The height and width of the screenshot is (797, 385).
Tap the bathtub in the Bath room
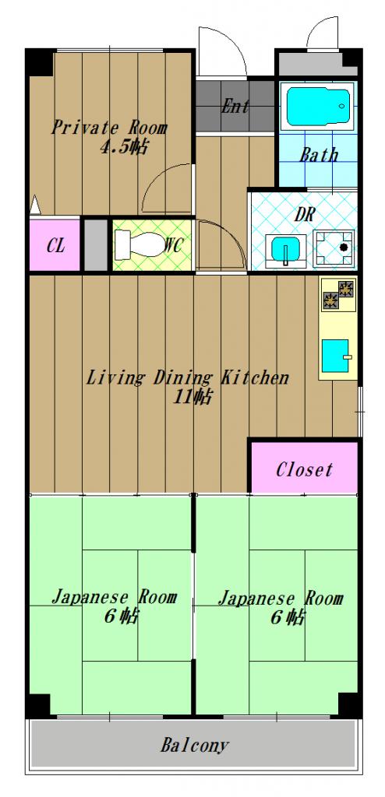click(x=319, y=107)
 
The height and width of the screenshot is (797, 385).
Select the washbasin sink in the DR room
click(x=286, y=250)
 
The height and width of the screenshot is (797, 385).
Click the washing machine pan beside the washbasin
click(x=334, y=248)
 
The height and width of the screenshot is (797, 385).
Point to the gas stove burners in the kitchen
click(x=338, y=295)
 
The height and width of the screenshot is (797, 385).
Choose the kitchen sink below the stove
click(x=336, y=356)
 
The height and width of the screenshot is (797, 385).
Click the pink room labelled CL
click(x=55, y=245)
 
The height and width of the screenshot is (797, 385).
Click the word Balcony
click(x=195, y=746)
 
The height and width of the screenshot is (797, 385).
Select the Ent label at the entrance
click(x=235, y=106)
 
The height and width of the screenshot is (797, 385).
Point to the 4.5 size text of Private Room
click(x=124, y=147)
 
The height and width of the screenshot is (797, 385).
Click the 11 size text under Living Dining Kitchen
click(x=192, y=397)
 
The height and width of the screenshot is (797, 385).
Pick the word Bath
click(x=319, y=155)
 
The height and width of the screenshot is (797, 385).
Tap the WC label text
click(x=173, y=245)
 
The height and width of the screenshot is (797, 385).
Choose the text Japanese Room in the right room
click(x=281, y=599)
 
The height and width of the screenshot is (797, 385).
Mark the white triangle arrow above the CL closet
click(x=34, y=205)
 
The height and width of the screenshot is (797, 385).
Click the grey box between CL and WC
click(x=96, y=245)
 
